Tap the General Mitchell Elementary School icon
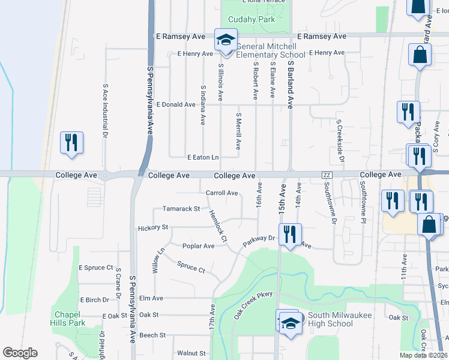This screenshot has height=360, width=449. (226, 40)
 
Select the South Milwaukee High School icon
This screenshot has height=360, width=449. (289, 321)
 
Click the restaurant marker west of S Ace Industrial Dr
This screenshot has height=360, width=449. (71, 143)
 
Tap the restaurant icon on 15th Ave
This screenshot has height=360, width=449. (291, 235)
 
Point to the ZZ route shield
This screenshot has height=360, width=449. (327, 175)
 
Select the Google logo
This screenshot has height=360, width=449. (20, 353)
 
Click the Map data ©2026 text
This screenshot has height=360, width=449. (423, 355)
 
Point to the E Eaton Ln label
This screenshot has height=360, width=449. (203, 157)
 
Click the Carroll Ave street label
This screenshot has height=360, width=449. (222, 193)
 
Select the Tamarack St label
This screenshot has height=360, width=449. (181, 209)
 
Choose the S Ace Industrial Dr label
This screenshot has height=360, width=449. (105, 112)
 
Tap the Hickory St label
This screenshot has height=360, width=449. (152, 228)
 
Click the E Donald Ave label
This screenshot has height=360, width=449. (176, 104)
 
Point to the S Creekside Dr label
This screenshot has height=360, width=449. (340, 142)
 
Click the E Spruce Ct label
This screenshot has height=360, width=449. (96, 268)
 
